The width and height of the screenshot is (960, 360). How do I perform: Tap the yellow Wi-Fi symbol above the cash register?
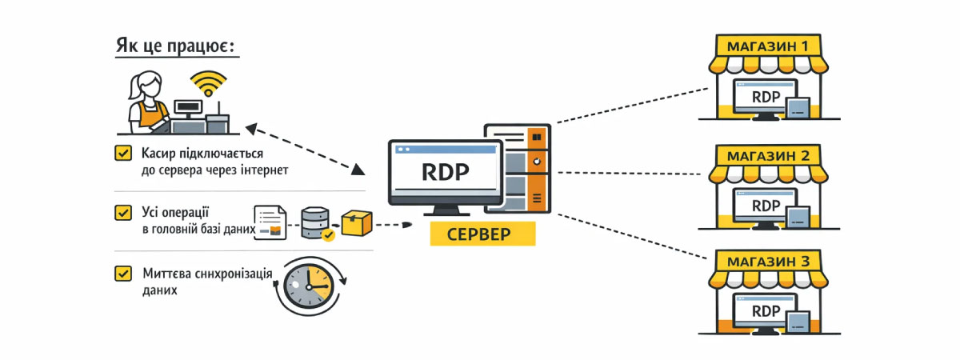click(208, 83)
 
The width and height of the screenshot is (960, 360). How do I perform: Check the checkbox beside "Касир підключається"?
click(123, 152)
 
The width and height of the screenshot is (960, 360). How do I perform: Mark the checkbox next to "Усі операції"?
click(123, 213)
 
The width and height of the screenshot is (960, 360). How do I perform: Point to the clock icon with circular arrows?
click(308, 287)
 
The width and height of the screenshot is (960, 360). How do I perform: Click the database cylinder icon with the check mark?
click(316, 223)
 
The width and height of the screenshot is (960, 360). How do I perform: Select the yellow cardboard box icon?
click(356, 223)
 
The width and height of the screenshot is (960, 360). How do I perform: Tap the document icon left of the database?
click(270, 222)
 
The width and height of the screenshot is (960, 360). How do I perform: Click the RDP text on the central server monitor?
click(445, 173)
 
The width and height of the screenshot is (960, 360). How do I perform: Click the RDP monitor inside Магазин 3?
click(766, 311)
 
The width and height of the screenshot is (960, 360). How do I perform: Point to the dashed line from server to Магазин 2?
click(632, 173)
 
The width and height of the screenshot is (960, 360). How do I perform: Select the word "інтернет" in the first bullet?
click(261, 170)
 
